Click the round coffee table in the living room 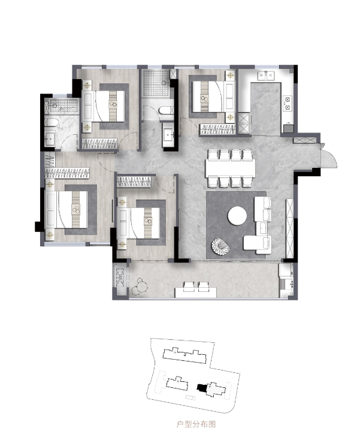tap(237, 216)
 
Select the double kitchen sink tap(267, 76)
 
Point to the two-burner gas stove tap(288, 103)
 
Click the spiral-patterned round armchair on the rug tap(220, 246)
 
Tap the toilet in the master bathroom tap(52, 123)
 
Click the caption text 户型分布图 tap(196, 424)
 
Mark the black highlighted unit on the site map tap(201, 387)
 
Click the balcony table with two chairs tap(196, 290)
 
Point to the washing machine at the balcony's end tap(286, 270)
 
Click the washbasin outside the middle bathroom tap(169, 135)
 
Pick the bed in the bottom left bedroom tap(66, 209)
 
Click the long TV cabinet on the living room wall tap(290, 228)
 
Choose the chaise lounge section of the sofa tap(257, 243)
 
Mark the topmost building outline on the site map tap(184, 355)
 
